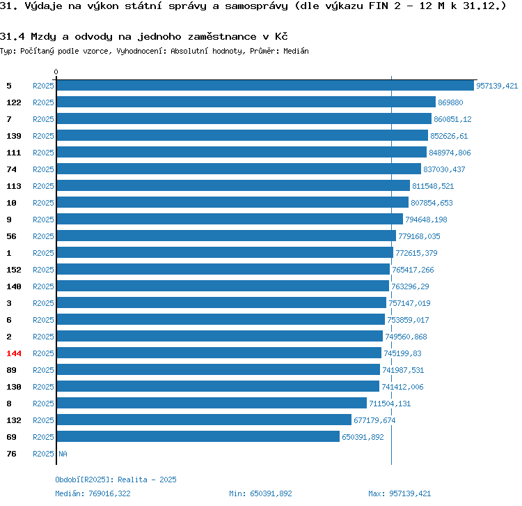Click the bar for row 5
(x=265, y=86)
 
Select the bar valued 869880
(x=246, y=102)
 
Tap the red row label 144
(x=14, y=353)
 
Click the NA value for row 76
(x=63, y=454)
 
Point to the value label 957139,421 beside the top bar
(x=497, y=86)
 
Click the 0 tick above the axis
(x=56, y=72)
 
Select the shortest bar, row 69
(x=198, y=436)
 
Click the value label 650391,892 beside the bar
(x=363, y=437)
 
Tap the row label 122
(x=14, y=102)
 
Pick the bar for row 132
(x=204, y=420)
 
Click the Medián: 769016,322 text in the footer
(x=93, y=493)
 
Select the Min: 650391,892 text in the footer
(x=260, y=493)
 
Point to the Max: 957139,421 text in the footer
(x=400, y=493)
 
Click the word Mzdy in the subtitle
(x=43, y=36)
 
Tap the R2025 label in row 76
(x=43, y=454)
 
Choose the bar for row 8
(x=212, y=403)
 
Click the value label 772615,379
(x=416, y=253)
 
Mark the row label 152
(x=14, y=270)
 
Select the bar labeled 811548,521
(x=233, y=185)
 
